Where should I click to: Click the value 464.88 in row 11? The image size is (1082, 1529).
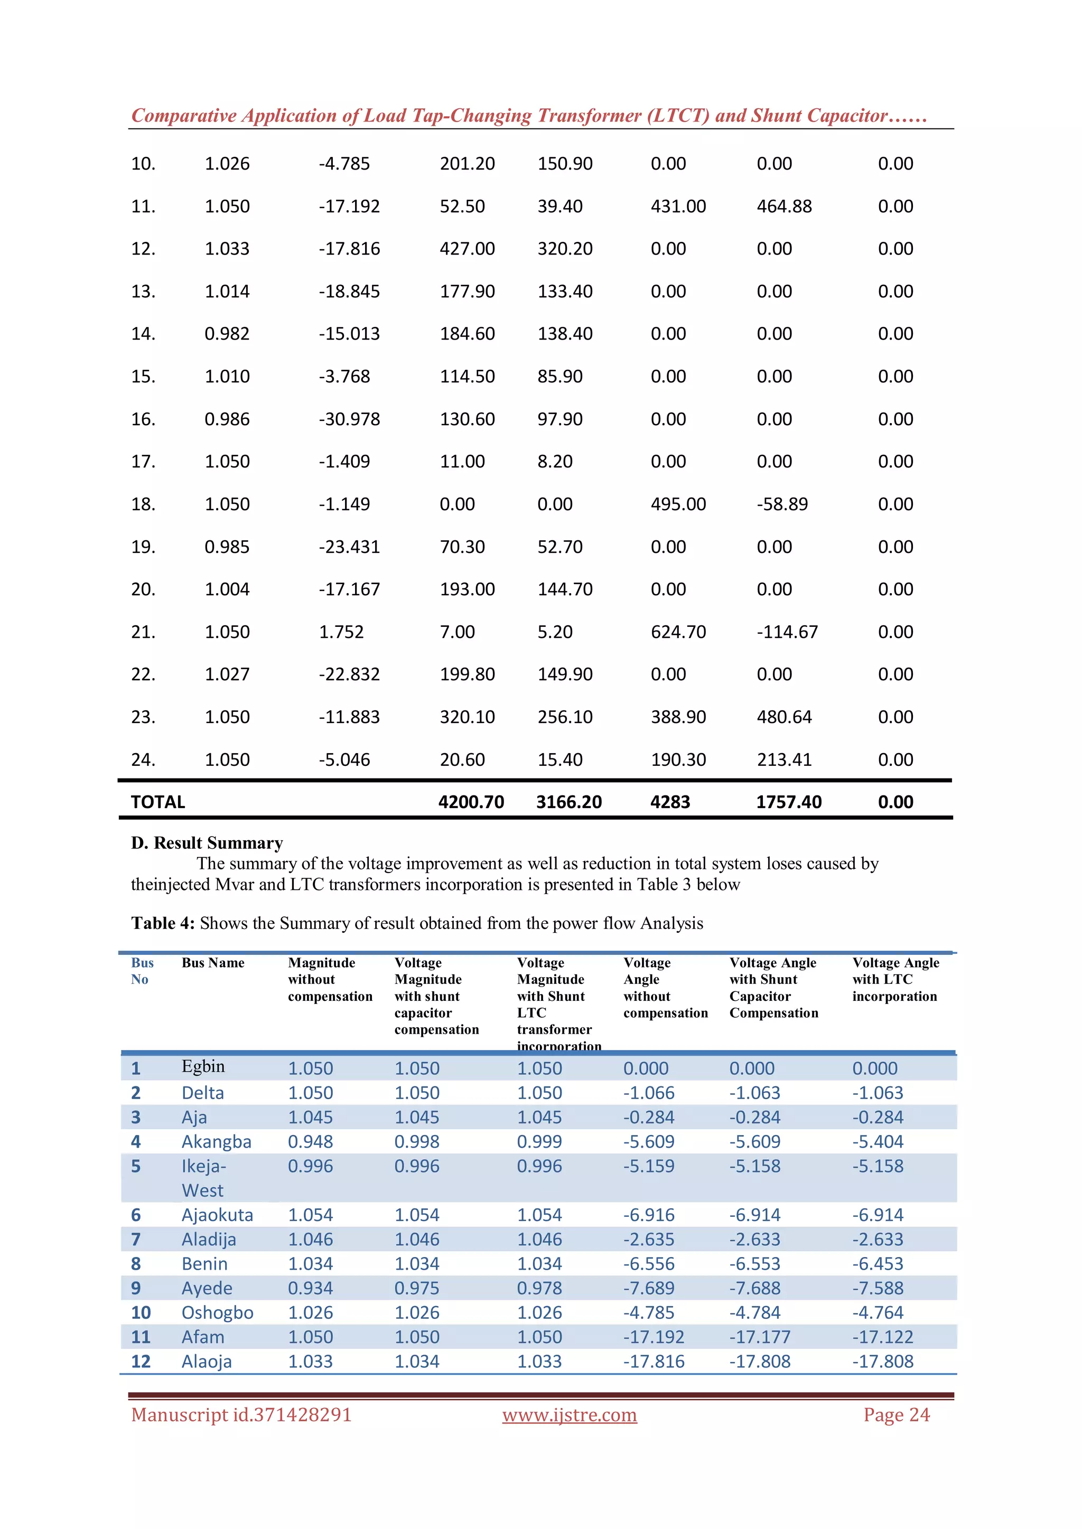click(783, 207)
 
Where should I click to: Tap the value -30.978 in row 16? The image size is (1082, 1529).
click(349, 419)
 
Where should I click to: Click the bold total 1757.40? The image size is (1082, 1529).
click(788, 802)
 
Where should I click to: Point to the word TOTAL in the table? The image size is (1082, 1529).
click(158, 802)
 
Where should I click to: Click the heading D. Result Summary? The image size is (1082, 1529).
click(207, 843)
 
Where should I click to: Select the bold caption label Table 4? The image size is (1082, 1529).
click(163, 923)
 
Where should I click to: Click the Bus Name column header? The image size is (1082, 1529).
click(212, 963)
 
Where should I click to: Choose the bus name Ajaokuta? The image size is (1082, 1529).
click(217, 1215)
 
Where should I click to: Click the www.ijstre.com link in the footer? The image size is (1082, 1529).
click(569, 1414)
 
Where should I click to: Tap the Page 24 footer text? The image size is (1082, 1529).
click(896, 1414)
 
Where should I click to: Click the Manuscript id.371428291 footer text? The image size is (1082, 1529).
click(241, 1414)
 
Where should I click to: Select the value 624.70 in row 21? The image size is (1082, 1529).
click(678, 632)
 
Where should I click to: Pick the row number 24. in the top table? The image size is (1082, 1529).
click(143, 760)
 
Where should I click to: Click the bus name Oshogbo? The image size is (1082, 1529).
click(217, 1312)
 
